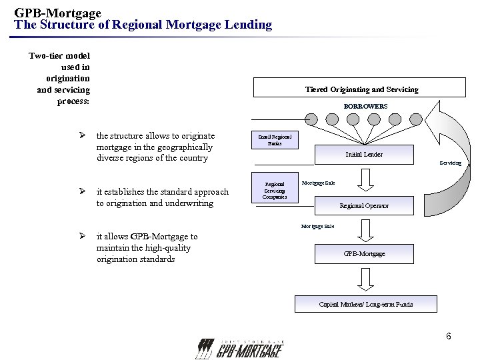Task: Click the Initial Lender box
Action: pyautogui.click(x=364, y=154)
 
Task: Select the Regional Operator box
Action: pyautogui.click(x=364, y=205)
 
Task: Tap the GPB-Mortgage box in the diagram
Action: pyautogui.click(x=364, y=254)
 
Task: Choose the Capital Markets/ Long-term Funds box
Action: pyautogui.click(x=365, y=305)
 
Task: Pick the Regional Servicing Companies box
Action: pyautogui.click(x=275, y=190)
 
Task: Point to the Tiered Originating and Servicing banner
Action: pyautogui.click(x=361, y=89)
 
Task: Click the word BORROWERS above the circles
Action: pyautogui.click(x=365, y=106)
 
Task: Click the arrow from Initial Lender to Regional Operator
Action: pyautogui.click(x=364, y=179)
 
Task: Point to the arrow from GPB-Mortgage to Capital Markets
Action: pyautogui.click(x=364, y=279)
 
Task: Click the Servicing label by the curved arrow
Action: pyautogui.click(x=449, y=163)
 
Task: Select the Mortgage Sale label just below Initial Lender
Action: pyautogui.click(x=318, y=183)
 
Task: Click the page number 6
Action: pyautogui.click(x=449, y=336)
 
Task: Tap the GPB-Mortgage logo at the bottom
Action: pyautogui.click(x=239, y=348)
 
